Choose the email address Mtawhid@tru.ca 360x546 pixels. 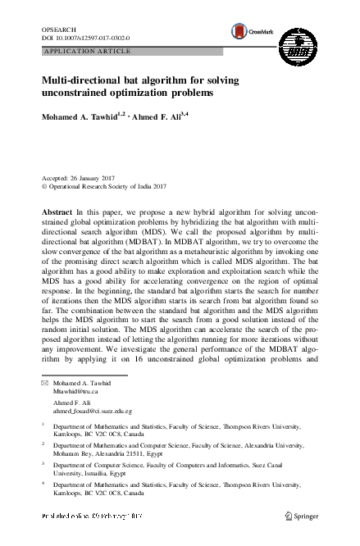78,392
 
